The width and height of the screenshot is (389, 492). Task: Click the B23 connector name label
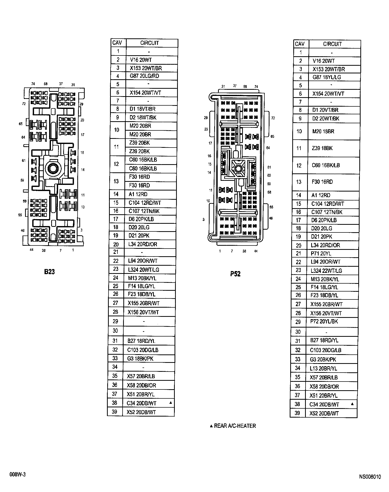click(x=49, y=272)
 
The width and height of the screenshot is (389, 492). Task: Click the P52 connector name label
click(x=235, y=274)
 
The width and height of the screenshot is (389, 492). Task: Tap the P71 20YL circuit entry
click(x=321, y=253)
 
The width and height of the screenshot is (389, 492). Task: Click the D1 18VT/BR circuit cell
click(x=142, y=109)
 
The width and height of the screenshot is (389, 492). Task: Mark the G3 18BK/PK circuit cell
click(x=140, y=359)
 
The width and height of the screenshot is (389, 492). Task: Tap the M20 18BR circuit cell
click(x=323, y=131)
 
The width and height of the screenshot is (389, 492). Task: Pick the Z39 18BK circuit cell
click(x=322, y=148)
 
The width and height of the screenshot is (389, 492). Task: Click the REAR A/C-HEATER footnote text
click(x=235, y=426)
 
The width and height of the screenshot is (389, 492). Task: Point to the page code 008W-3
click(x=18, y=475)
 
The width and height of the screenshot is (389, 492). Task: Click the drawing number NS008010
click(x=370, y=477)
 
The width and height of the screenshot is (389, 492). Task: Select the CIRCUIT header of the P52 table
click(x=332, y=44)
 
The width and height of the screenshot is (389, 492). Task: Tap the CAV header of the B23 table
click(x=117, y=43)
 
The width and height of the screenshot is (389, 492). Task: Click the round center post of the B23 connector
click(x=53, y=168)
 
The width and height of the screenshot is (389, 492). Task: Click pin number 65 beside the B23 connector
click(x=21, y=124)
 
